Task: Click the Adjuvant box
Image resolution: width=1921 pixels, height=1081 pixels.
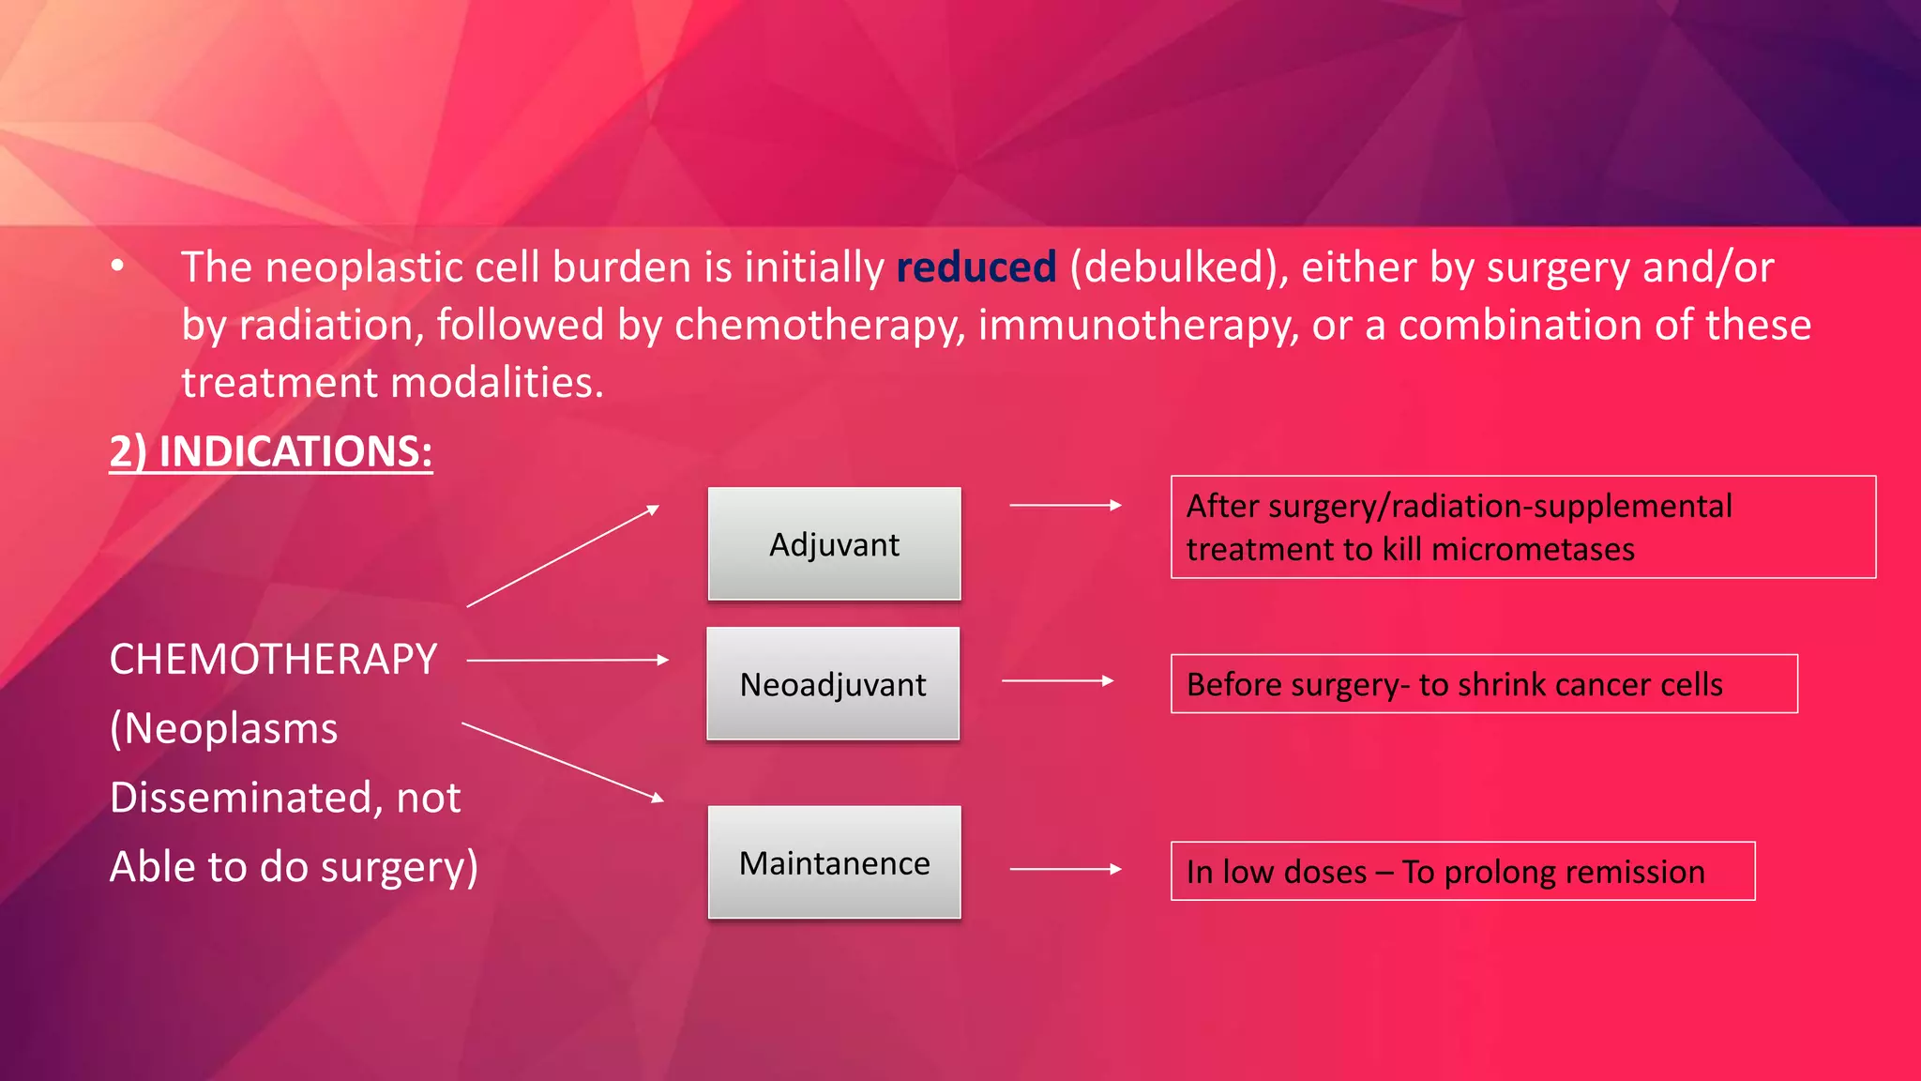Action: click(834, 544)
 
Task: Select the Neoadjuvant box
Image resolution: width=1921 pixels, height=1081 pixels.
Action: click(833, 684)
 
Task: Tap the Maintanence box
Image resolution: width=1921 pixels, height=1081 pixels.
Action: click(834, 862)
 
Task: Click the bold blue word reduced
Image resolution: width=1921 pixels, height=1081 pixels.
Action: click(976, 267)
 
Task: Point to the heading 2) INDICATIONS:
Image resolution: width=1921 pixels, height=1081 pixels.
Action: click(271, 451)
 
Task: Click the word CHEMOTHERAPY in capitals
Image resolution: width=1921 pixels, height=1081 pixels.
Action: click(273, 659)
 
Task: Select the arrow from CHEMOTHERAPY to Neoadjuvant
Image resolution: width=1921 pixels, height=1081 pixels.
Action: click(567, 661)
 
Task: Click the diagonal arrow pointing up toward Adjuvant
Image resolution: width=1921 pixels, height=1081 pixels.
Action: click(563, 556)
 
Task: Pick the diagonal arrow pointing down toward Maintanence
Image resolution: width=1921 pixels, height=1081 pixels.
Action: click(563, 761)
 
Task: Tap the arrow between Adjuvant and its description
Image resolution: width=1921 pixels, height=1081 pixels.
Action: click(1065, 505)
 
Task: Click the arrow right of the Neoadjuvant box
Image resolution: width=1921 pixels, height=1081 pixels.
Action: click(1057, 680)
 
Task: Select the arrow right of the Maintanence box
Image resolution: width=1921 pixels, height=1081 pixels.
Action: click(1065, 869)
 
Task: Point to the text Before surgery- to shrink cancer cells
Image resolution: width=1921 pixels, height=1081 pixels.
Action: click(1454, 684)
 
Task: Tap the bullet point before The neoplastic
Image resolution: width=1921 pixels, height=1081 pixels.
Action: click(117, 266)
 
